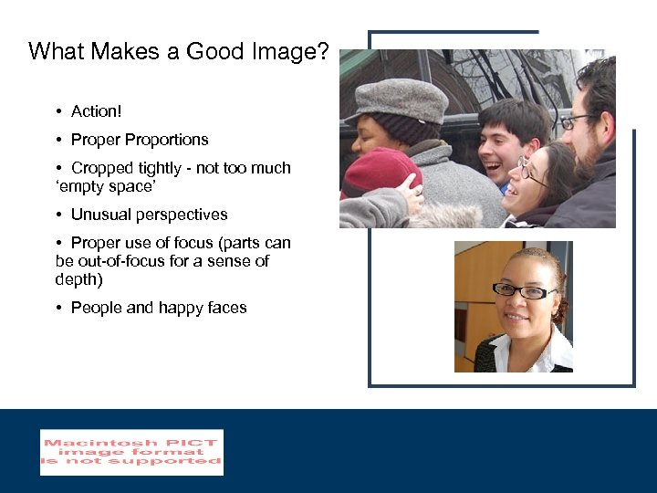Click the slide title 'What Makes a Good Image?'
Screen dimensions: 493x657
[178, 51]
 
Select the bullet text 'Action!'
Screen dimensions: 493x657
[96, 111]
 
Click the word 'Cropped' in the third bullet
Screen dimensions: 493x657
[101, 168]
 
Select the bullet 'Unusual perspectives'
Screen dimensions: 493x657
[149, 215]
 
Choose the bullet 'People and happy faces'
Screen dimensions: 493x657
[158, 308]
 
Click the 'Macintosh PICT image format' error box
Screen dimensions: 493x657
[131, 452]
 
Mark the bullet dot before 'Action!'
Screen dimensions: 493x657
[57, 111]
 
